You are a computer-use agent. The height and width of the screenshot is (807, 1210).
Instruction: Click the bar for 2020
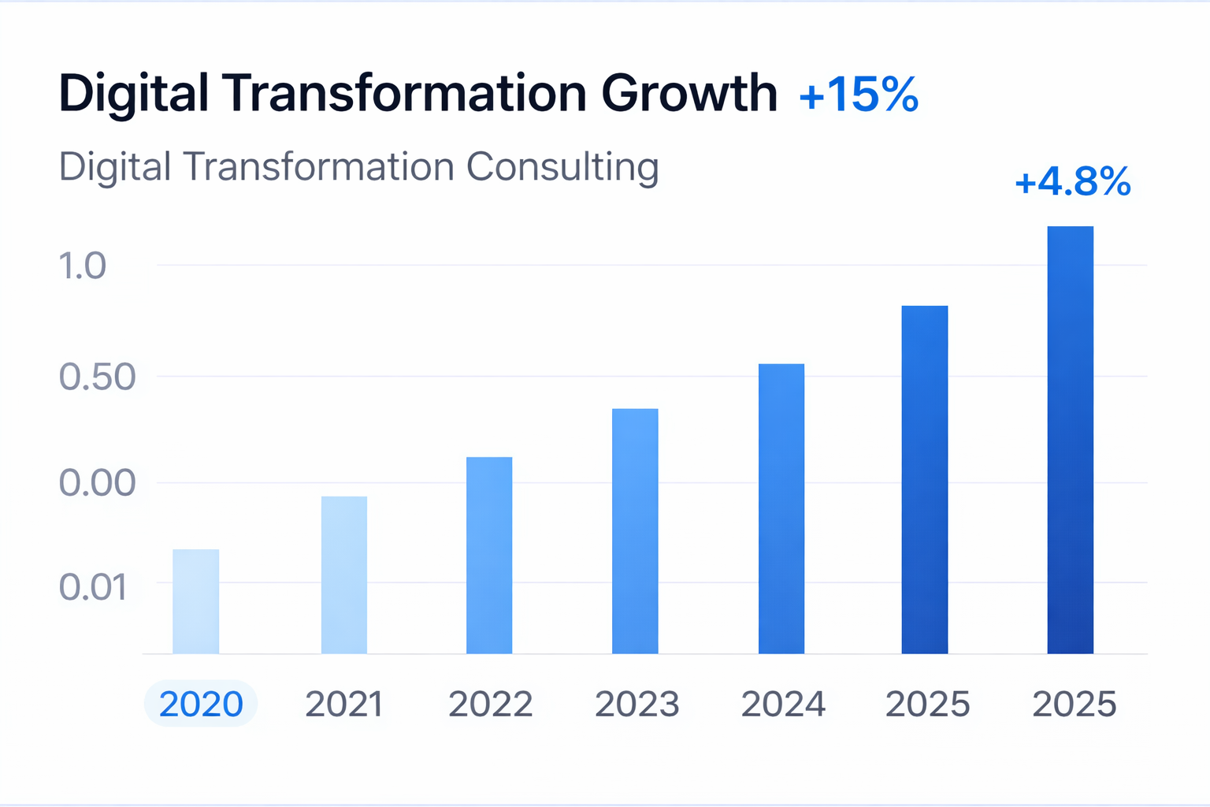(195, 601)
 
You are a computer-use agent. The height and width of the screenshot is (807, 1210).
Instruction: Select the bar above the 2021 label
(344, 575)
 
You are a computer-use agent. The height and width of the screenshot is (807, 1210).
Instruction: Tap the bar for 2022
(489, 555)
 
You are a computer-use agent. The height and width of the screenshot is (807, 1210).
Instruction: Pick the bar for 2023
(635, 530)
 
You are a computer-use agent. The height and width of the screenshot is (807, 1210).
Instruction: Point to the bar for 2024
(781, 508)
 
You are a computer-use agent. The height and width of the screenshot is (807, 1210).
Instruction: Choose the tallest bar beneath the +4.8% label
(1070, 440)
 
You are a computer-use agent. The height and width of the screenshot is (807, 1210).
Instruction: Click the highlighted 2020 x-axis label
(201, 704)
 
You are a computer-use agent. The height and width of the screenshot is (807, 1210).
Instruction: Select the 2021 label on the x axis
(344, 704)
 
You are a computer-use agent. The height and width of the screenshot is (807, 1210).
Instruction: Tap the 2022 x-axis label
(490, 704)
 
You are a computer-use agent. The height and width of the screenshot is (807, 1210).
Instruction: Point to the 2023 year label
(637, 704)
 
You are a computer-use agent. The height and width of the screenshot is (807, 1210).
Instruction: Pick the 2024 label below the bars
(783, 704)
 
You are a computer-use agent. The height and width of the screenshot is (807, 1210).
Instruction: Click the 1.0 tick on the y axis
(82, 266)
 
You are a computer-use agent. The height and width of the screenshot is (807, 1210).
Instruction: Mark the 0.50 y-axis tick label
(97, 377)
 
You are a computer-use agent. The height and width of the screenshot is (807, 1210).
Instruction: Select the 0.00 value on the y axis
(97, 482)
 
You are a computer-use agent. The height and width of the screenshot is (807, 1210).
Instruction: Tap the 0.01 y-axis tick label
(93, 587)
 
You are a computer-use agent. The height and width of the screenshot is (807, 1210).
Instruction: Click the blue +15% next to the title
(859, 95)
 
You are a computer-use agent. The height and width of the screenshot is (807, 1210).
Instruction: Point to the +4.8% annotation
(1073, 182)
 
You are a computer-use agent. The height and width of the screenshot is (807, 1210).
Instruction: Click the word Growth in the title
(689, 93)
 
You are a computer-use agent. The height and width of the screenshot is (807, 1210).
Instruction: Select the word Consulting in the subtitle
(562, 168)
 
